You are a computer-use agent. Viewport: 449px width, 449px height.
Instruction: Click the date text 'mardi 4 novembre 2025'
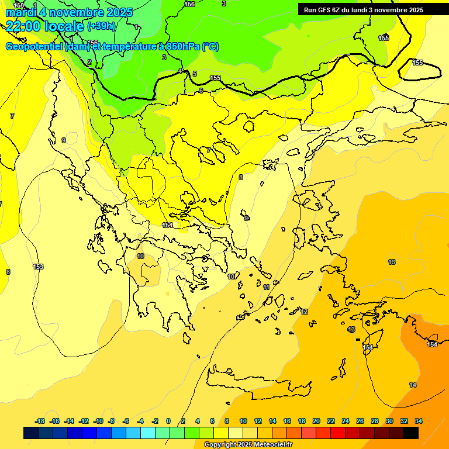coord(69,12)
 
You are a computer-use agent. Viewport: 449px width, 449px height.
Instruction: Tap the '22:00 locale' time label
coord(44,26)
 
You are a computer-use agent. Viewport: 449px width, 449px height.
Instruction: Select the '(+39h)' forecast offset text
coord(102,26)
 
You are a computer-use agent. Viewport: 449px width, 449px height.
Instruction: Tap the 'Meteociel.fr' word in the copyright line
coord(270,445)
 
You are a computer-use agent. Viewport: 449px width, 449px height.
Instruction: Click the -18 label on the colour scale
coord(40,421)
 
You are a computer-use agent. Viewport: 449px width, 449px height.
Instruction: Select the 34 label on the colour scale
coord(419,421)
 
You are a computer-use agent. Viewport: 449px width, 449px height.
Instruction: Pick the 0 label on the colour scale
coord(168,421)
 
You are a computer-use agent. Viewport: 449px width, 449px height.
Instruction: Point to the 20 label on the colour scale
coord(316,421)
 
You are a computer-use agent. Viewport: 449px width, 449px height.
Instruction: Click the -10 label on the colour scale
coord(98,421)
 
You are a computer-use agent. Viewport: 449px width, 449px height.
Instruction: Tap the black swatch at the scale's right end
coord(411,433)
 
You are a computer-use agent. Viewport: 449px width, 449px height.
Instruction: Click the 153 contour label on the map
coord(39,267)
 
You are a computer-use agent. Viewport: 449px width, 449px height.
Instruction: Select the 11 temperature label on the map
coord(267,287)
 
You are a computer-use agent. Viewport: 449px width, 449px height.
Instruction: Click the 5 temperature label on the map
coord(195,74)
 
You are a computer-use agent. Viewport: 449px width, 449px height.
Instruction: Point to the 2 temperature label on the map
coord(89,62)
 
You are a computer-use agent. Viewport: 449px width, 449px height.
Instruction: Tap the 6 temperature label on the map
coord(201,90)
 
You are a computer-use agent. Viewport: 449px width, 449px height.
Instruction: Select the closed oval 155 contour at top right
coord(419,70)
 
